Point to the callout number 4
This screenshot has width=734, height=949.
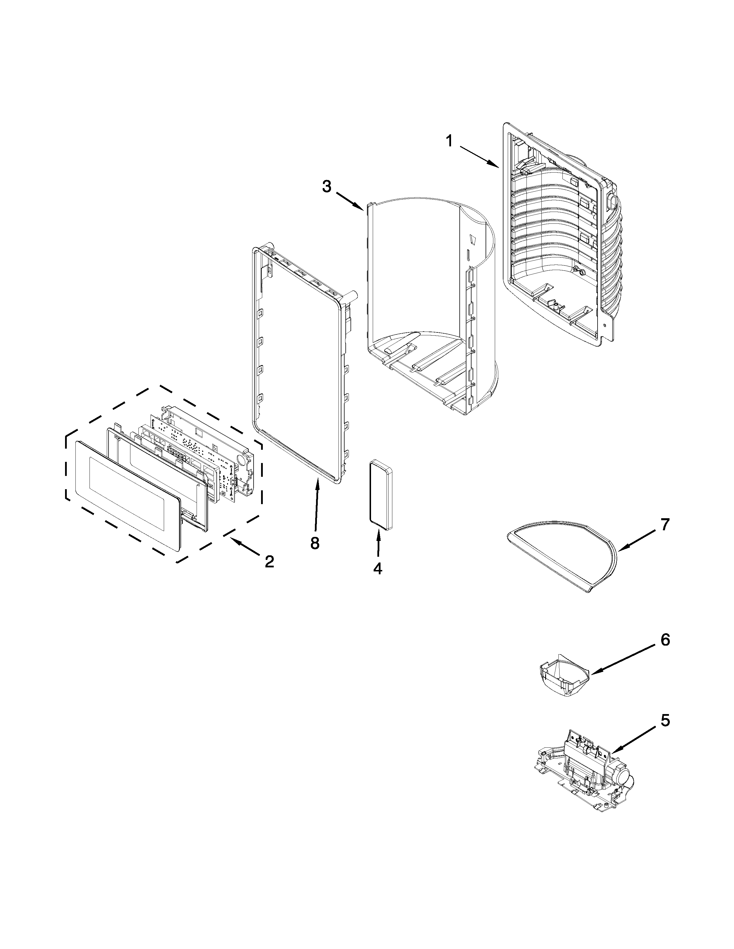377,568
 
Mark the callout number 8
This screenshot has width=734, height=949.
315,543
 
